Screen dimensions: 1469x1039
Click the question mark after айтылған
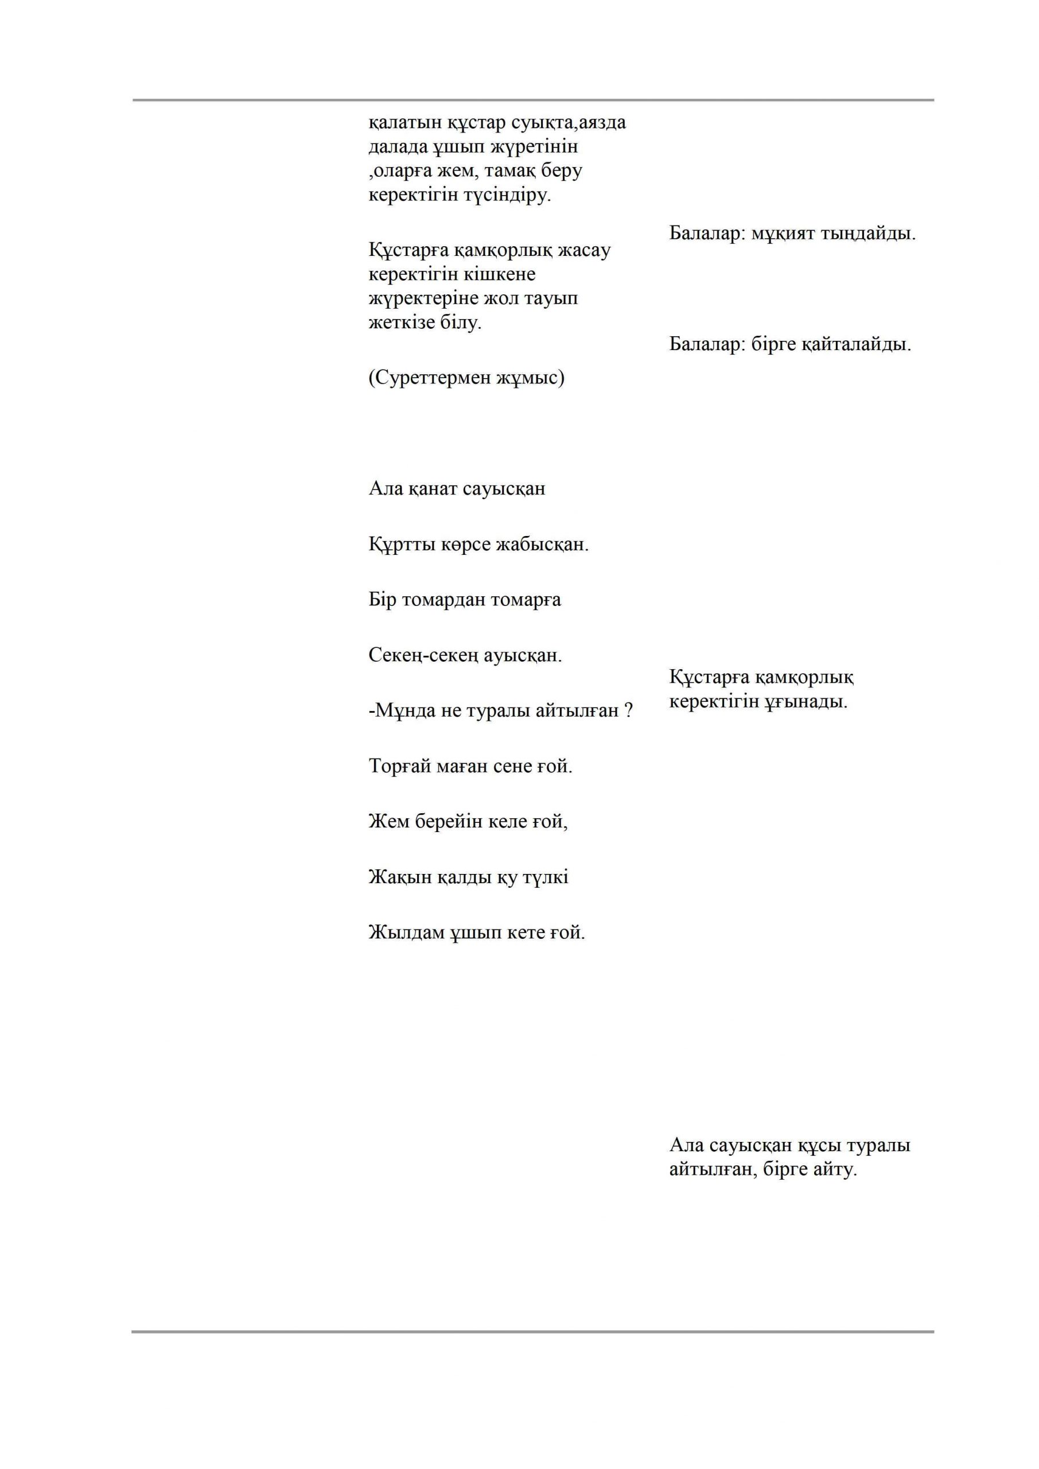pos(628,711)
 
